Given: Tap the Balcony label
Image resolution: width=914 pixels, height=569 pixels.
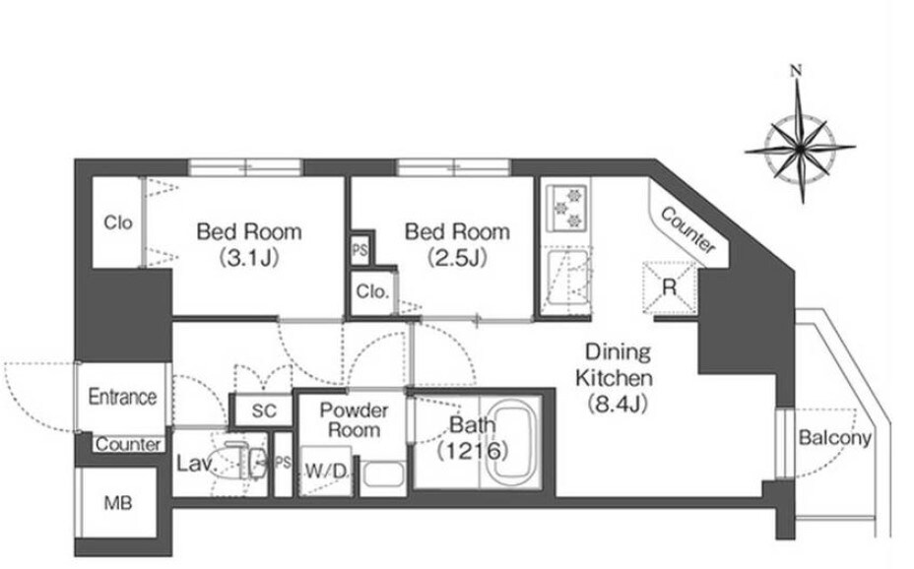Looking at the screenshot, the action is [835, 438].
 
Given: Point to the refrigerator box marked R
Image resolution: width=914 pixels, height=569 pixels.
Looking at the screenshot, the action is [670, 287].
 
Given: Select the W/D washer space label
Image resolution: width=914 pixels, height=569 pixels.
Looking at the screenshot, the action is [326, 472].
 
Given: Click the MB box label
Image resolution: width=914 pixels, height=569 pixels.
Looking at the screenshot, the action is [118, 503].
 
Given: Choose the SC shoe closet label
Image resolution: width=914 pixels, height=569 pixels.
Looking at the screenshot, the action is [264, 411].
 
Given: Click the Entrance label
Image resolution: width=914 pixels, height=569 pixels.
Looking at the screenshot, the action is [122, 397].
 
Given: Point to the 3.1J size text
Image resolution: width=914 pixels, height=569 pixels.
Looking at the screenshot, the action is [249, 257].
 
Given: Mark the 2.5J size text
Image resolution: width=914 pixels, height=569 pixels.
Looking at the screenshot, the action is [457, 257].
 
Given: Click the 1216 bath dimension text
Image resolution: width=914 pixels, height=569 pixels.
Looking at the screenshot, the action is [474, 450].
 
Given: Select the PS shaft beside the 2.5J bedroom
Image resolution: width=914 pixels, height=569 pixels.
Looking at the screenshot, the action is [359, 250].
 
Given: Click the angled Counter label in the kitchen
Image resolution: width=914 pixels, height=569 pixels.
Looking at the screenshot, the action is [687, 231].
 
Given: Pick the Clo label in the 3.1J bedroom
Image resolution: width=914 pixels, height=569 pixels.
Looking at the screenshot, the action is [118, 222].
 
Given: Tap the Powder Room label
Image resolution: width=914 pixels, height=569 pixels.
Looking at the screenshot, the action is [354, 420].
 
